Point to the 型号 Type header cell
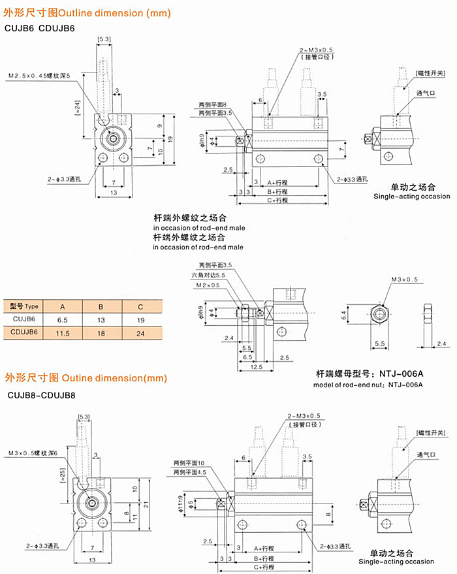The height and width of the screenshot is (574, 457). coord(24,306)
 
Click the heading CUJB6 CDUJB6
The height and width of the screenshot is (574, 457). coord(40,28)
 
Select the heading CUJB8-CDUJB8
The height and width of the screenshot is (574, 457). coord(42,395)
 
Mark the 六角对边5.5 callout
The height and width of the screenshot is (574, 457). coord(212,276)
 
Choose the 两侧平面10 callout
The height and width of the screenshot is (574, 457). coord(190,463)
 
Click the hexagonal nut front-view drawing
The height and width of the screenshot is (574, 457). coord(381,315)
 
